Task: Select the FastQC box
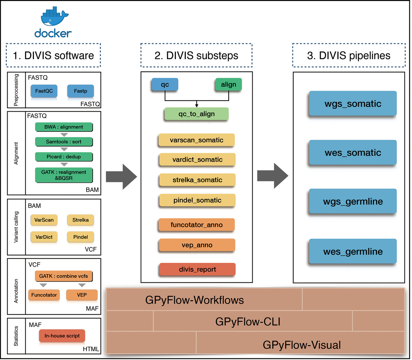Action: click(44, 91)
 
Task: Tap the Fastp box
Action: click(80, 91)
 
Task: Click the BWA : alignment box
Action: click(64, 127)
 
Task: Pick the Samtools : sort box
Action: click(64, 142)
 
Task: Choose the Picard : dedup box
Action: click(64, 157)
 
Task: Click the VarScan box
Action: click(44, 220)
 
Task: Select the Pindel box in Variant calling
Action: click(80, 237)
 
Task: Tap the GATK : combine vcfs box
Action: click(64, 276)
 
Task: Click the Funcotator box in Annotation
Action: click(44, 295)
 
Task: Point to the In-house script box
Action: click(62, 336)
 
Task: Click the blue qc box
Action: click(165, 85)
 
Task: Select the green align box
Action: click(228, 85)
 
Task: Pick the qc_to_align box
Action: click(196, 114)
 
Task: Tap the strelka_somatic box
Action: click(197, 180)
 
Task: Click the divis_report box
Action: click(197, 269)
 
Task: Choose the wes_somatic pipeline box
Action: click(353, 153)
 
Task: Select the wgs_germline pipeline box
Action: click(353, 201)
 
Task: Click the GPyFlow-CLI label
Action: click(248, 322)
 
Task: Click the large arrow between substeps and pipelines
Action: click(273, 176)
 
